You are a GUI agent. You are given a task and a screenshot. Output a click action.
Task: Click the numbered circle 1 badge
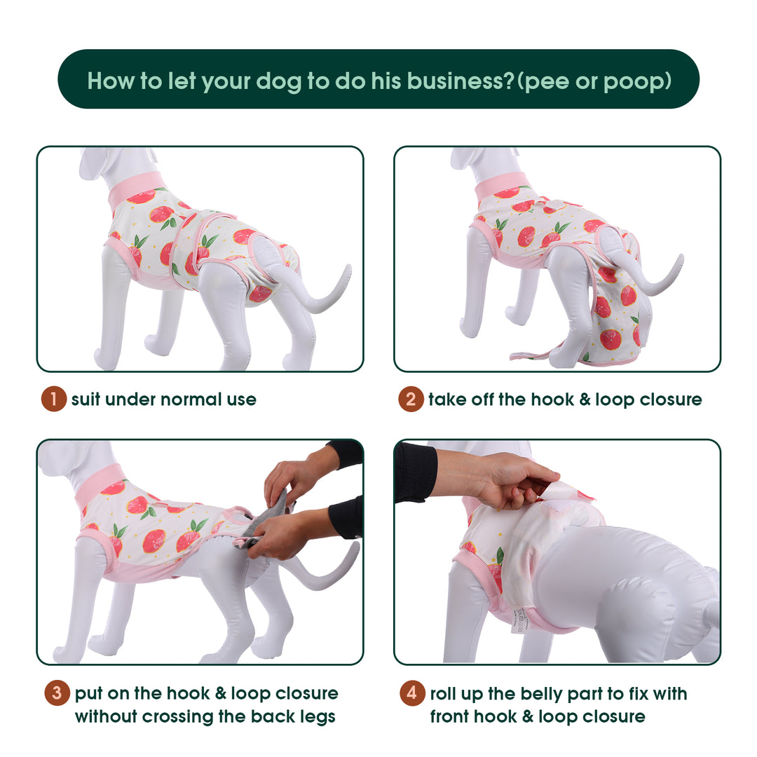[x=53, y=400]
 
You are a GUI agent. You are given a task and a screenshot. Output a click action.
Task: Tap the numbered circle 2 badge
[x=411, y=400]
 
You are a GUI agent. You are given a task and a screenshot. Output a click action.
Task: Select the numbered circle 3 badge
[x=57, y=693]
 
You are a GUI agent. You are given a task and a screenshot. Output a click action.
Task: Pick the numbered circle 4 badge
[x=412, y=693]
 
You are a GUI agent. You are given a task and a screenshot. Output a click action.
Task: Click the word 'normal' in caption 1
[x=191, y=400]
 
